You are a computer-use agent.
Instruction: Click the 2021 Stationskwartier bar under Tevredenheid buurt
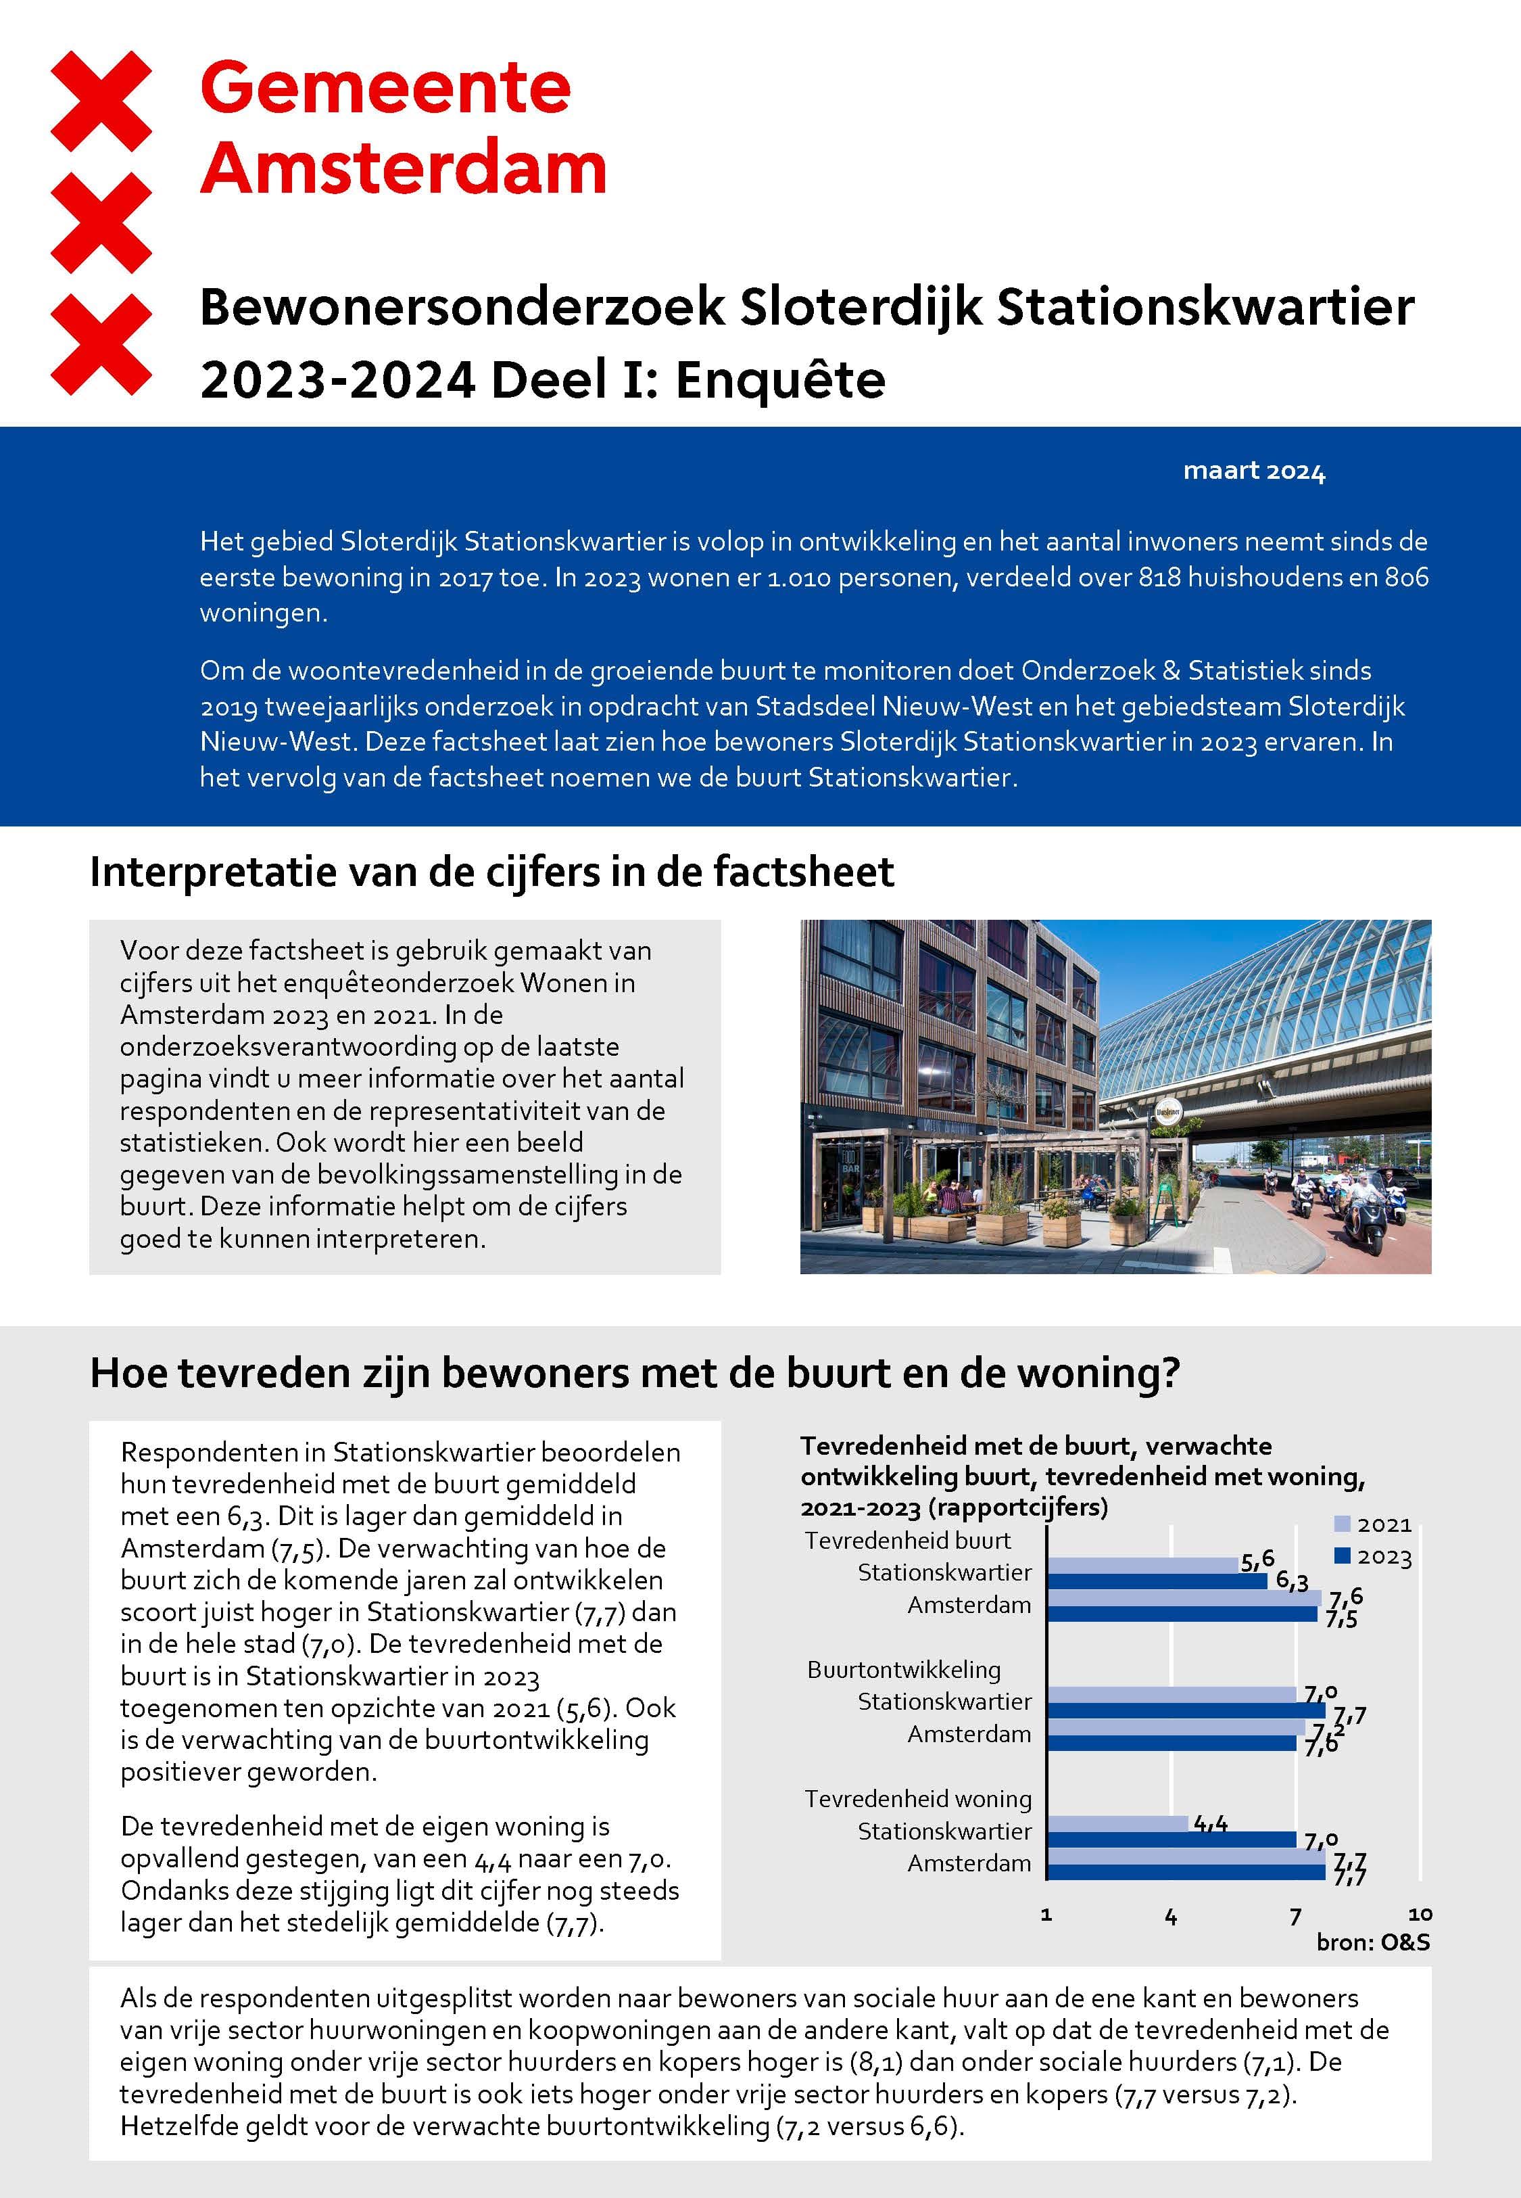[1142, 1565]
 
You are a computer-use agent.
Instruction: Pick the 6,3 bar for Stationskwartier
[1157, 1581]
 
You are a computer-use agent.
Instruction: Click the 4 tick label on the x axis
[1170, 1917]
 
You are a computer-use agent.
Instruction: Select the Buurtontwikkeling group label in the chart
[903, 1669]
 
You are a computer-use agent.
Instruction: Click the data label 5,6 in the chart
[1257, 1560]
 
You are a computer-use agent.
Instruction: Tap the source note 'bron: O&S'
[1372, 1942]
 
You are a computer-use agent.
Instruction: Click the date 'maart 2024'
[1253, 471]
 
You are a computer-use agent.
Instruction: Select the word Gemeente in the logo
[385, 88]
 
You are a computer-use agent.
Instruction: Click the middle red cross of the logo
[101, 222]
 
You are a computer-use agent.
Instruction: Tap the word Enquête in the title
[781, 379]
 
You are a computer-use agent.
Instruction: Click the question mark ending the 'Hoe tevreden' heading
[1169, 1372]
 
